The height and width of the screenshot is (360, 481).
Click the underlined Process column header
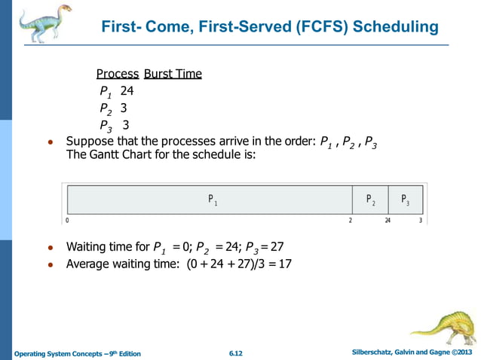click(118, 74)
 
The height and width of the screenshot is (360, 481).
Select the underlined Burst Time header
click(173, 74)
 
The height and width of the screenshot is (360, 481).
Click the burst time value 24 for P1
click(127, 91)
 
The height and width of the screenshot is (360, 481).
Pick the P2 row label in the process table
click(106, 108)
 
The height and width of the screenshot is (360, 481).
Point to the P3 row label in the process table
click(106, 126)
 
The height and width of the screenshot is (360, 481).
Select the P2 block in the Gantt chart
click(370, 200)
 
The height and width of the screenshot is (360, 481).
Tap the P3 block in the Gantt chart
click(406, 200)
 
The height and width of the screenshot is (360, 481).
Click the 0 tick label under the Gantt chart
click(67, 221)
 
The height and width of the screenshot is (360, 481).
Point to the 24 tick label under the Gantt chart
click(388, 221)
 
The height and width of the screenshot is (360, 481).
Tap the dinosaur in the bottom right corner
click(444, 328)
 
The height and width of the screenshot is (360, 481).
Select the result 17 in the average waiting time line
click(284, 264)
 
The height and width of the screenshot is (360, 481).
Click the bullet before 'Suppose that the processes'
click(50, 142)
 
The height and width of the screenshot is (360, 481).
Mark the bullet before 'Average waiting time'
click(50, 265)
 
